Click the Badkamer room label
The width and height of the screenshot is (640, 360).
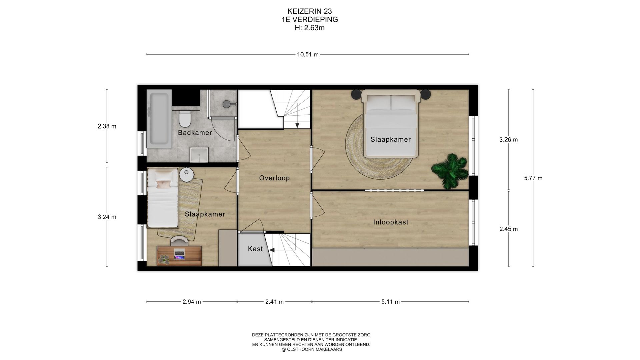195,133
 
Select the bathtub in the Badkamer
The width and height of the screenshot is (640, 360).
159,119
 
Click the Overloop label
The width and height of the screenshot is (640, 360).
274,178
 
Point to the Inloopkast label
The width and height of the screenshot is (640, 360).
391,222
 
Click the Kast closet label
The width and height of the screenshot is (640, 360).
255,249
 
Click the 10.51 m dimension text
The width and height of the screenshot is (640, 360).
308,54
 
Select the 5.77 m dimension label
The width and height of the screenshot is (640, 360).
533,178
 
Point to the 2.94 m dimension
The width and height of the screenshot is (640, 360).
192,302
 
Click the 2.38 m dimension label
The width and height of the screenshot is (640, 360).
107,126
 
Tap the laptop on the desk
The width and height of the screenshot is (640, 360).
179,254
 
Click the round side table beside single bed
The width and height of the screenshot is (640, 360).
187,174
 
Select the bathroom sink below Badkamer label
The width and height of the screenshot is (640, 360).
199,155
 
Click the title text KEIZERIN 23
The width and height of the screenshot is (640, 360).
309,12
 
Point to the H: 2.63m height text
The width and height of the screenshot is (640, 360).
310,28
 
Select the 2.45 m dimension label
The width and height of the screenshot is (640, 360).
509,229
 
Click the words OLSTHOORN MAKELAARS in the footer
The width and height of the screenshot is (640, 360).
314,349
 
